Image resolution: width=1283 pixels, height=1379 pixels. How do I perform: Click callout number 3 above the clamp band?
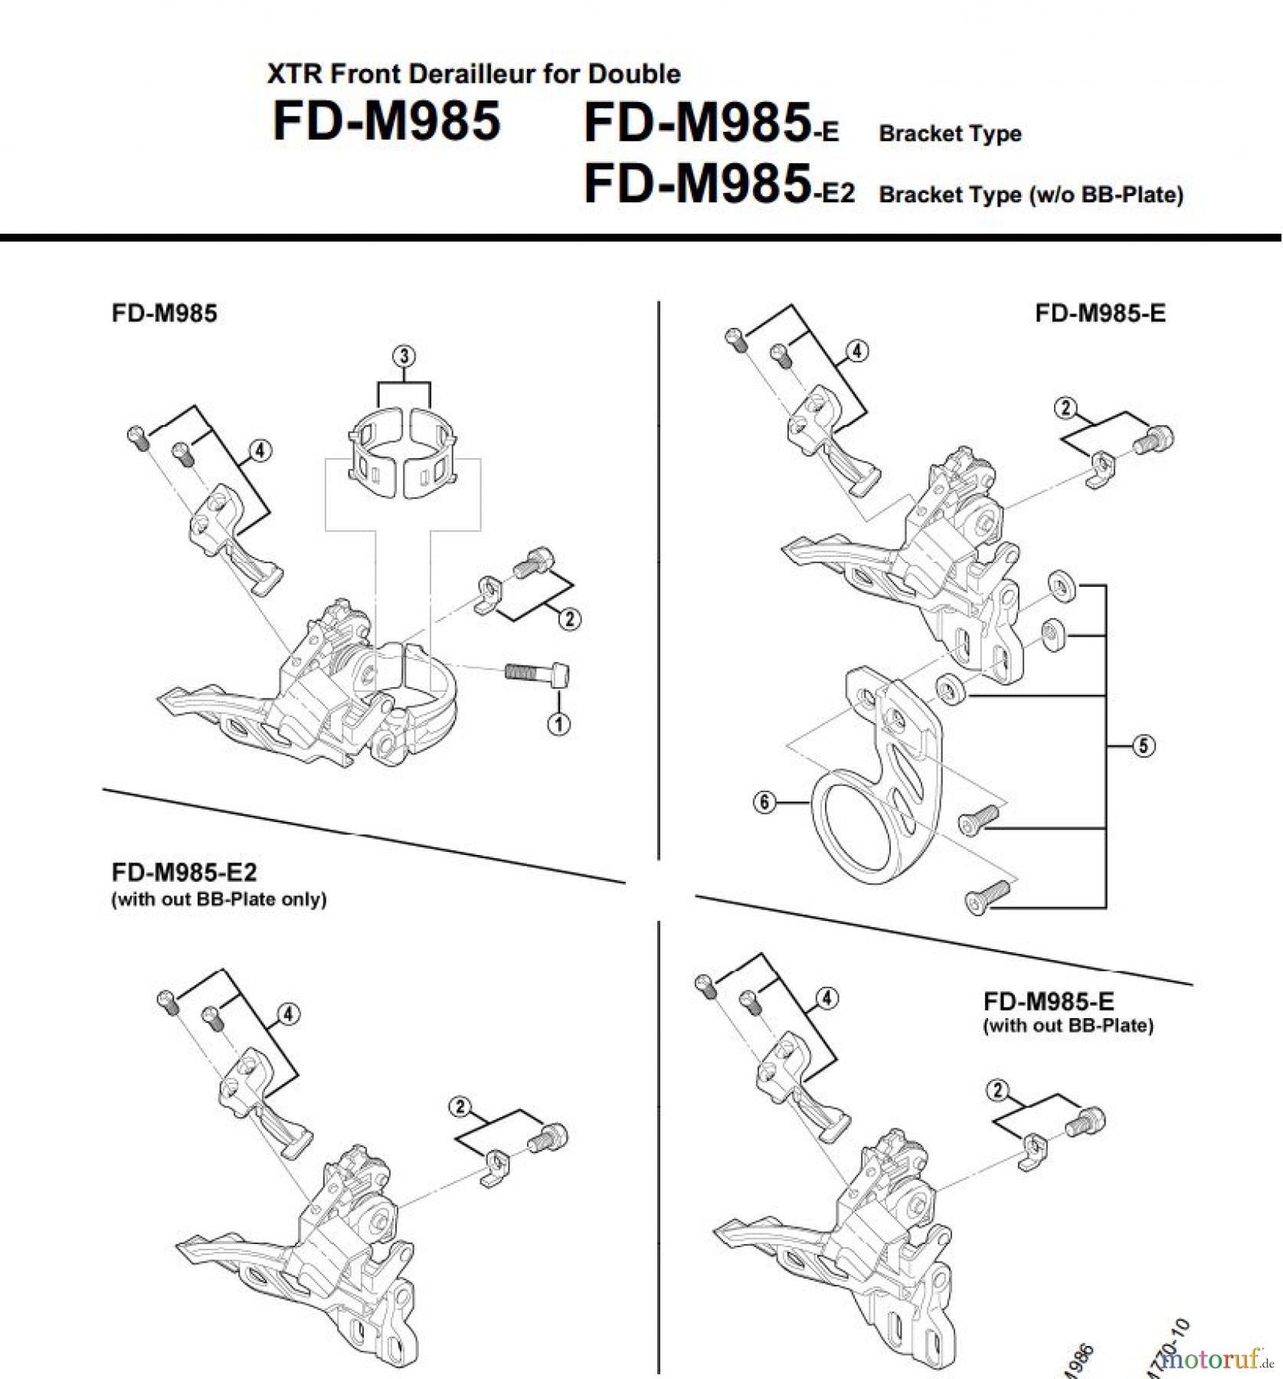click(404, 356)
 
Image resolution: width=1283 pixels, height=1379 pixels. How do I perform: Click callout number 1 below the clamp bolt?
click(558, 723)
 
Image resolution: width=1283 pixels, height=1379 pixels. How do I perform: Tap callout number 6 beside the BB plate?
click(764, 802)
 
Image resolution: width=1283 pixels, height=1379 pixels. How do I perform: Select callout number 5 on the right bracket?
click(1143, 745)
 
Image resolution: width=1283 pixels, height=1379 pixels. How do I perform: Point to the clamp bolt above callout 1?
click(537, 674)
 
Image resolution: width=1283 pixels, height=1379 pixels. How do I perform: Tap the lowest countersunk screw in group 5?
click(988, 896)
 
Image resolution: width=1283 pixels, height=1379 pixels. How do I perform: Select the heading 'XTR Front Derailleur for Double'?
click(473, 74)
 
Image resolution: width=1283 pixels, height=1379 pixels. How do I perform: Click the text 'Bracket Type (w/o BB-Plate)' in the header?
click(1030, 195)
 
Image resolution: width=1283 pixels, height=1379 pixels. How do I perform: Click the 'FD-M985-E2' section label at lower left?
click(184, 872)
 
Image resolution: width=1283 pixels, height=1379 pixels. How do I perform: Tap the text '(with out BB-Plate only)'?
click(219, 899)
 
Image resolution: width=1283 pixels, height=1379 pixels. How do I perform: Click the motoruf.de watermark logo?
click(1216, 1360)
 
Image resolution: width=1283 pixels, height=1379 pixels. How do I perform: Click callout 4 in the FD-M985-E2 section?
click(288, 1014)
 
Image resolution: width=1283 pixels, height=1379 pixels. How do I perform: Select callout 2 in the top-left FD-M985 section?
click(569, 618)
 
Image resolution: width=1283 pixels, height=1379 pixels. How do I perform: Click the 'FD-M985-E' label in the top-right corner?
click(1100, 313)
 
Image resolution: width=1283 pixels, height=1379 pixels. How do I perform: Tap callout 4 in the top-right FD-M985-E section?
click(856, 351)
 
